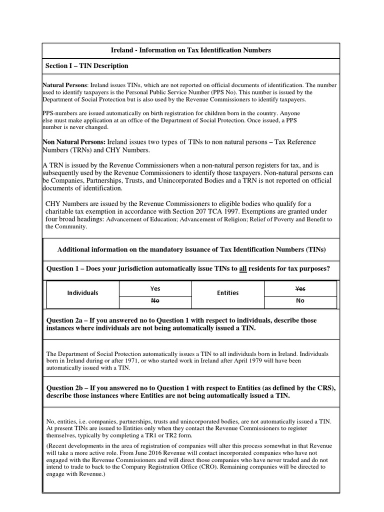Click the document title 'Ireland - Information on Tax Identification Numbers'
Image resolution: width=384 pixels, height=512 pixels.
pyautogui.click(x=190, y=50)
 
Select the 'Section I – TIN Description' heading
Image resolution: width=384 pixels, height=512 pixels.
pyautogui.click(x=87, y=66)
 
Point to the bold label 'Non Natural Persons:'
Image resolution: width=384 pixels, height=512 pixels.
pyautogui.click(x=74, y=142)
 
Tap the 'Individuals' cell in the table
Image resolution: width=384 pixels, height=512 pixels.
pyautogui.click(x=82, y=293)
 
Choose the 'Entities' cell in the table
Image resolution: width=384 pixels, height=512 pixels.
pyautogui.click(x=227, y=293)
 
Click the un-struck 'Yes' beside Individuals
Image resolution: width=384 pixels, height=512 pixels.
pyautogui.click(x=155, y=288)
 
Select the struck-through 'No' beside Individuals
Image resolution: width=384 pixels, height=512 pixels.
pyautogui.click(x=155, y=301)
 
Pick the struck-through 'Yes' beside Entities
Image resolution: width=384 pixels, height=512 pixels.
pyautogui.click(x=300, y=288)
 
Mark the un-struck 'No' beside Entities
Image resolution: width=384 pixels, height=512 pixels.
pyautogui.click(x=300, y=301)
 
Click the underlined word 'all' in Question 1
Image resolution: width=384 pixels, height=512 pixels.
pyautogui.click(x=244, y=269)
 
